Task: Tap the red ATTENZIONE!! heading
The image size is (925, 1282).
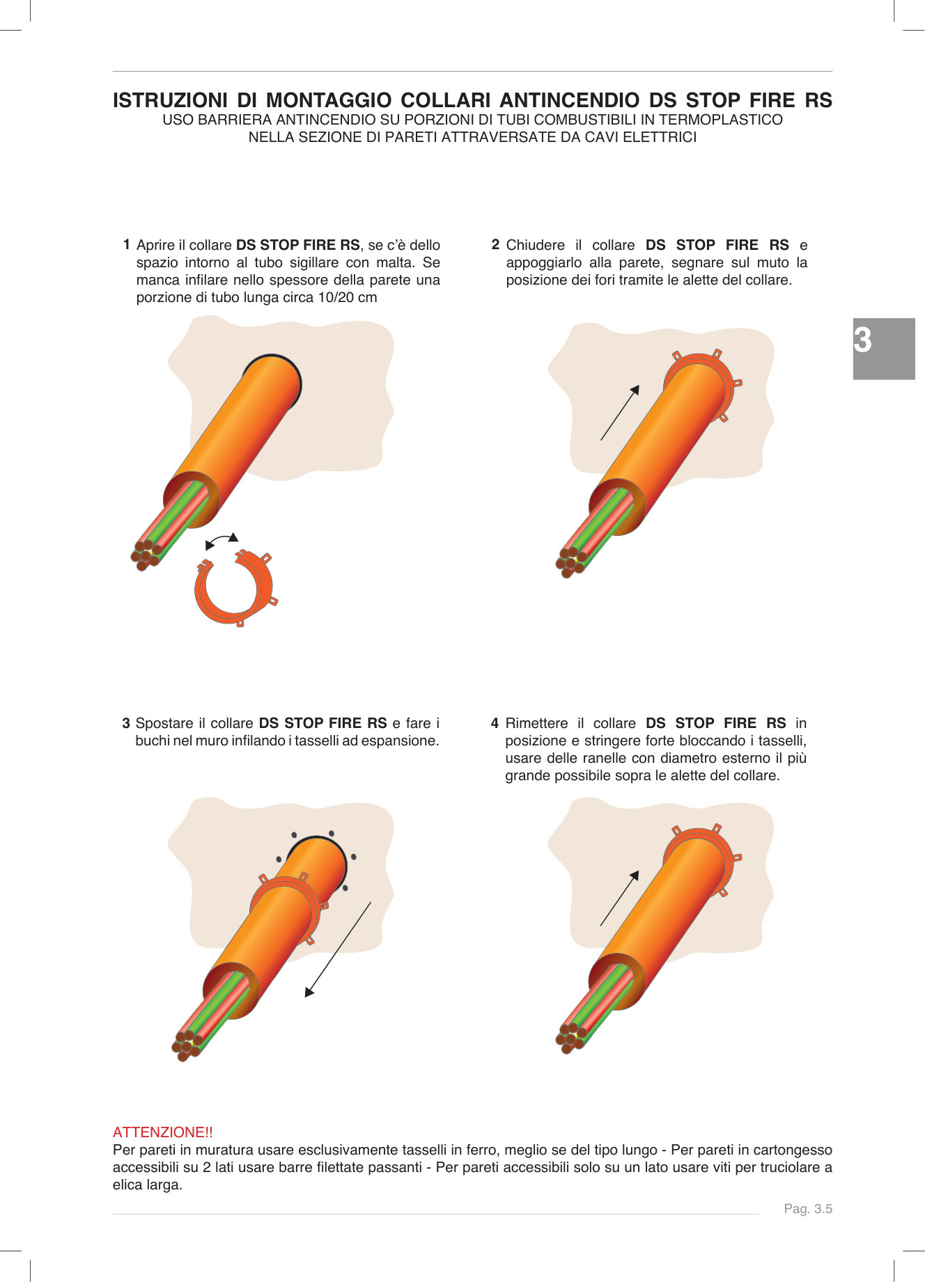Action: click(162, 1132)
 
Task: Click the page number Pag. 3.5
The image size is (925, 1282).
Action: click(807, 1209)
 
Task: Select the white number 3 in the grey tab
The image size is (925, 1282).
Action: click(863, 341)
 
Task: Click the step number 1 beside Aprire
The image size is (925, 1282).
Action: click(126, 244)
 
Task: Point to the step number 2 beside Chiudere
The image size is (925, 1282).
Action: click(495, 244)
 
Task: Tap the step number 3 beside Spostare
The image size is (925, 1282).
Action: click(126, 723)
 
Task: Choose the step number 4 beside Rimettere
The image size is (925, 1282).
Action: click(495, 723)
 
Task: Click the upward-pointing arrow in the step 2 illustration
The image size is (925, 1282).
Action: click(619, 413)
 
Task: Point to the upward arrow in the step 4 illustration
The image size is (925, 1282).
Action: click(619, 899)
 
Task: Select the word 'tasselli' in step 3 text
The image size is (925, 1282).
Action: click(316, 741)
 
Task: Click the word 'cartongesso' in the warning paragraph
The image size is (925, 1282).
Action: click(793, 1150)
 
